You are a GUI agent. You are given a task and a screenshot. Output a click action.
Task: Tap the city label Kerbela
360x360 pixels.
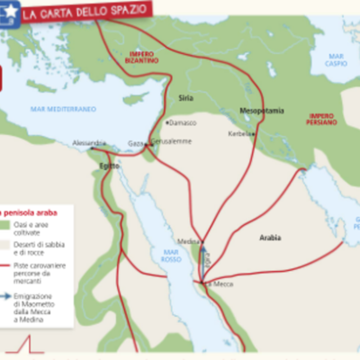tap(238, 134)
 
